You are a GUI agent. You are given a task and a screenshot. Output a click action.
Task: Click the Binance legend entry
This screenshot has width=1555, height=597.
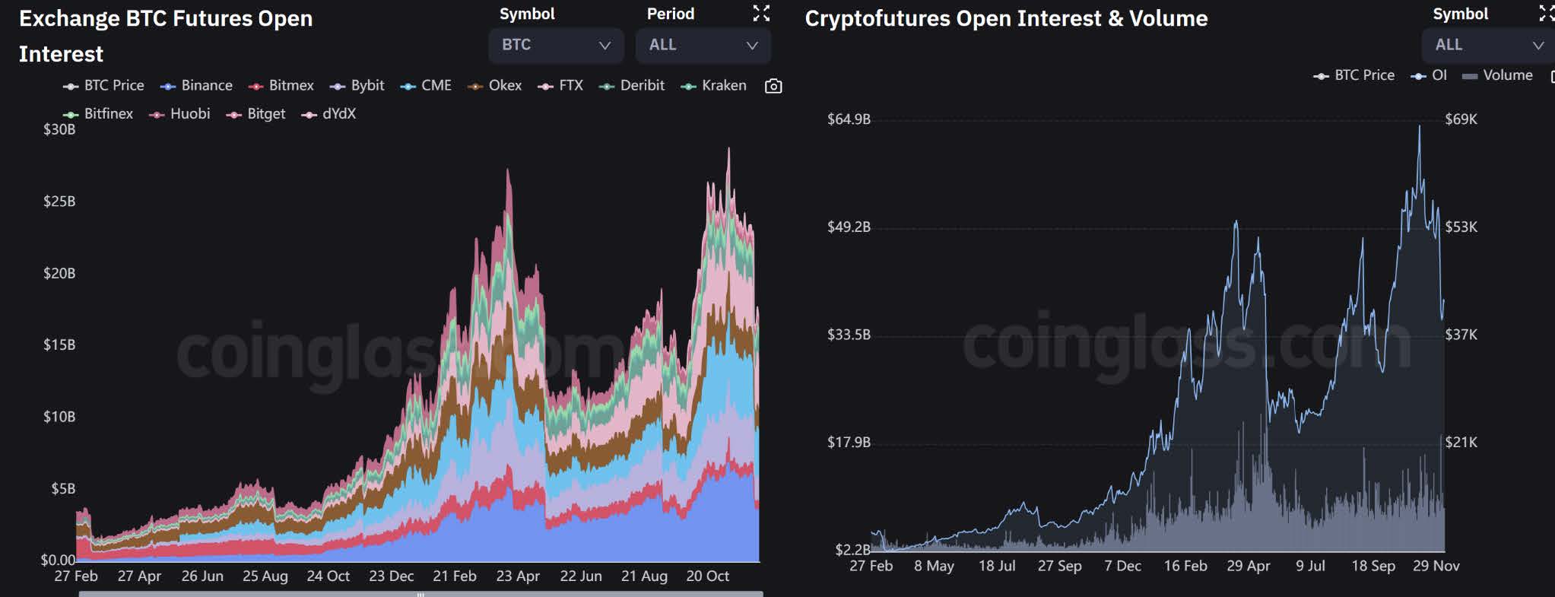[x=196, y=86]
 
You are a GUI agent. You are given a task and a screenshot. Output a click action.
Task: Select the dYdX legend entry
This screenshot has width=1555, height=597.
[x=328, y=114]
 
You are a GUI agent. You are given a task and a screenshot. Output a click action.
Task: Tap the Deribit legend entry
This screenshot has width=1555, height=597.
[x=632, y=86]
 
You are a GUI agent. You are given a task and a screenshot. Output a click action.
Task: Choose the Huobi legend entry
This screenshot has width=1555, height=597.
[x=179, y=114]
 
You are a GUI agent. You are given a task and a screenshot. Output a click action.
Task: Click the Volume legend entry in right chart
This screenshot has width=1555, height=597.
[x=1497, y=75]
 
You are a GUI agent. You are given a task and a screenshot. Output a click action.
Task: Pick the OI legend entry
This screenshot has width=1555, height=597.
[x=1429, y=75]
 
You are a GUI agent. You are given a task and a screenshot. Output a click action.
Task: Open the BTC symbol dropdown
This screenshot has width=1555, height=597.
[x=556, y=45]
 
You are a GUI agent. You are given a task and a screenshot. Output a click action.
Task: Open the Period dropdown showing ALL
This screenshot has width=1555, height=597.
[x=703, y=45]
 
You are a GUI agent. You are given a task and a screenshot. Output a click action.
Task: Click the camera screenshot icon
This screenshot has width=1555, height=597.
[x=773, y=86]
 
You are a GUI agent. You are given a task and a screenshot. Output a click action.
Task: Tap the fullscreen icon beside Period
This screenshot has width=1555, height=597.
[x=761, y=13]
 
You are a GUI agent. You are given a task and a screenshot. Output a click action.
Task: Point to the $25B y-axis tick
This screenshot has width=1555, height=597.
[x=59, y=202]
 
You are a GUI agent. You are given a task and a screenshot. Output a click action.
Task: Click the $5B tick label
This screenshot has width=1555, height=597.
[x=63, y=488]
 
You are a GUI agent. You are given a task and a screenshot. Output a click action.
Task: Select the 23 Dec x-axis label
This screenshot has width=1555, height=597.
[x=392, y=576]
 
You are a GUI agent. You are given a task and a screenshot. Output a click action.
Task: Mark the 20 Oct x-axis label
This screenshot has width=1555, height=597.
[x=708, y=576]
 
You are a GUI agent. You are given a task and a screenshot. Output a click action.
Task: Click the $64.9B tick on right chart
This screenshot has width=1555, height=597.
[x=849, y=119]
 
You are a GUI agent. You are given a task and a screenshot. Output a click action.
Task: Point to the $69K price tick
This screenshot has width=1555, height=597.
[x=1461, y=119]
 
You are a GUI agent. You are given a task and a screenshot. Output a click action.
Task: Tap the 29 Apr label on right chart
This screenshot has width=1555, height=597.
[x=1249, y=566]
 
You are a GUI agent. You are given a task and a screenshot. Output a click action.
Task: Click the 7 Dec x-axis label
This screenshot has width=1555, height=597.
[x=1122, y=566]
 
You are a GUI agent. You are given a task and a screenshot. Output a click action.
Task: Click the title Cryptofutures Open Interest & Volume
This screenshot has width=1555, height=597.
[x=1006, y=18]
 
